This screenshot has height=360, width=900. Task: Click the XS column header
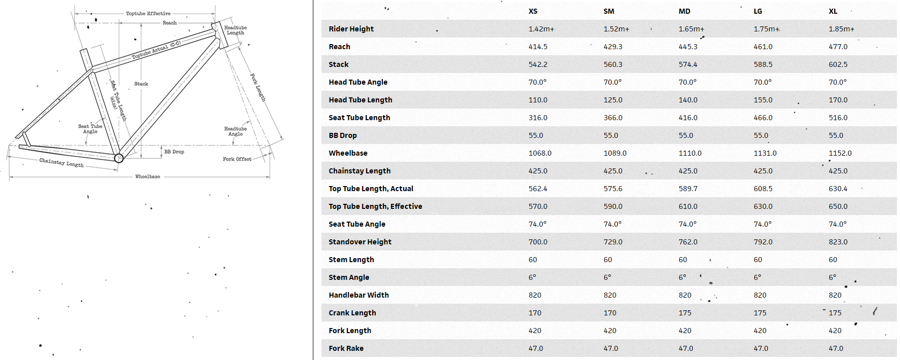[x=533, y=11]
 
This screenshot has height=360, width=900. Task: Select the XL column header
[x=833, y=11]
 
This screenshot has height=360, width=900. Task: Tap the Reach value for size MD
[x=688, y=47]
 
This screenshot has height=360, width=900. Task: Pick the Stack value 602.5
[x=838, y=64]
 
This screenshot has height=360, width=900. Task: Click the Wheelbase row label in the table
[x=348, y=153]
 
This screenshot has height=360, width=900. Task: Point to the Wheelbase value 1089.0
[x=615, y=153]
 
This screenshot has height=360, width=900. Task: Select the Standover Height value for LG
[x=763, y=242]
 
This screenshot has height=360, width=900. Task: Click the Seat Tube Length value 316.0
[x=538, y=118]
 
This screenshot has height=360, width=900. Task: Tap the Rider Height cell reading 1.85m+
[x=842, y=29]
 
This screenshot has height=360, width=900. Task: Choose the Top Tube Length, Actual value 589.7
[x=688, y=189]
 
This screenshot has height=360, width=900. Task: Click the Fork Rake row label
[x=346, y=348]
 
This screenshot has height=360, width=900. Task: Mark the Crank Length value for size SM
[x=610, y=313]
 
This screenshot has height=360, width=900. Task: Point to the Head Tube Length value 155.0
[x=763, y=100]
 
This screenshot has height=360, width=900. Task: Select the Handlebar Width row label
[x=358, y=295]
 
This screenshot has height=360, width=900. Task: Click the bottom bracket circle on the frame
[x=119, y=158]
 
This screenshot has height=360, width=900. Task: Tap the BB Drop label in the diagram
[x=174, y=152]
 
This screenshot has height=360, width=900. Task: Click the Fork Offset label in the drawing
[x=237, y=159]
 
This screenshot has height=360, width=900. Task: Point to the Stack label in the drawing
[x=141, y=84]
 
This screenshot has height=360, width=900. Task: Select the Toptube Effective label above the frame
[x=148, y=14]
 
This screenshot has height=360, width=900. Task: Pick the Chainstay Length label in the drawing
[x=61, y=163]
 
